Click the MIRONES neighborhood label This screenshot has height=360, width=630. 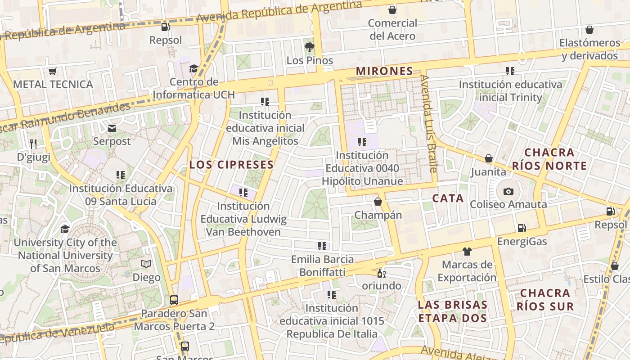pyautogui.click(x=384, y=71)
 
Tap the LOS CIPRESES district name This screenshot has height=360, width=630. pyautogui.click(x=231, y=165)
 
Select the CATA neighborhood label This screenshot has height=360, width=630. pyautogui.click(x=448, y=198)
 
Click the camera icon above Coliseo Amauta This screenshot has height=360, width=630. pyautogui.click(x=508, y=191)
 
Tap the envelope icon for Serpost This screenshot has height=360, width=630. pyautogui.click(x=112, y=129)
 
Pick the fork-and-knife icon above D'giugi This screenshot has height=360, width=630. pyautogui.click(x=33, y=144)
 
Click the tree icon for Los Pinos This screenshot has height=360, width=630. pyautogui.click(x=310, y=47)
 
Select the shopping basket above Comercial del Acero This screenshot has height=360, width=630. pyautogui.click(x=392, y=10)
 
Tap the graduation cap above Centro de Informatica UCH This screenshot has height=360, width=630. pyautogui.click(x=193, y=69)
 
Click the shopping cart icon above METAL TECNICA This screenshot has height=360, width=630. pyautogui.click(x=53, y=71)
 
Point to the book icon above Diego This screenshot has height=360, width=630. pyautogui.click(x=146, y=264)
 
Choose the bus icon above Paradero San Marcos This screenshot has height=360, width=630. pyautogui.click(x=174, y=300)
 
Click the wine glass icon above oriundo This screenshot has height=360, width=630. pyautogui.click(x=381, y=273)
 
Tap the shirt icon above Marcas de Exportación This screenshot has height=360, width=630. pyautogui.click(x=467, y=251)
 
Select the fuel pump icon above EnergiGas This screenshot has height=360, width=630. pyautogui.click(x=522, y=229)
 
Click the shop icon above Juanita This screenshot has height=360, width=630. pyautogui.click(x=488, y=159)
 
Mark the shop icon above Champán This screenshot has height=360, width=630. pyautogui.click(x=378, y=202)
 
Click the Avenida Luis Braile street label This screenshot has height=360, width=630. pyautogui.click(x=429, y=124)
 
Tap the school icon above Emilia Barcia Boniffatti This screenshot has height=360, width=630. pyautogui.click(x=322, y=246)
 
